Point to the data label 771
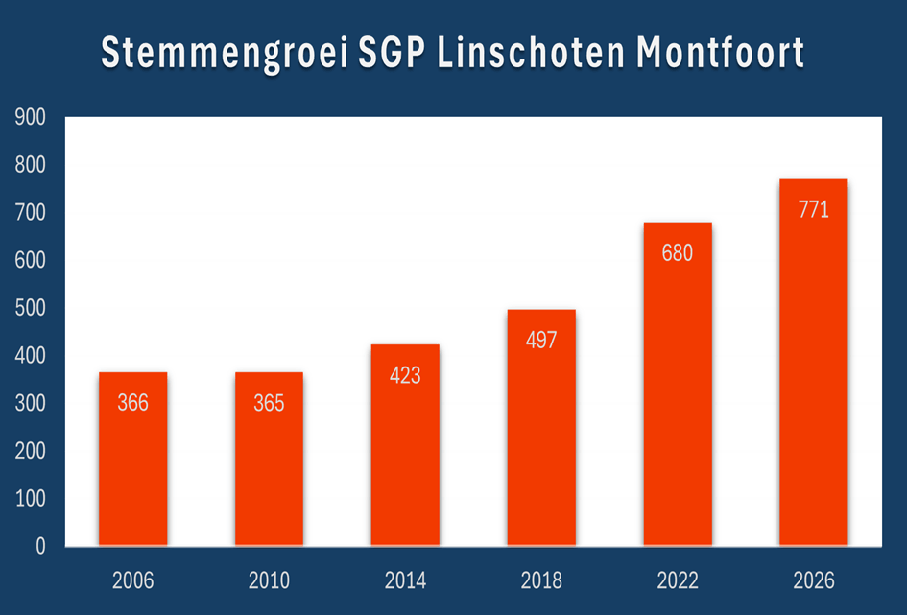[x=813, y=209]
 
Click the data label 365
[x=269, y=403]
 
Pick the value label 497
[x=541, y=341]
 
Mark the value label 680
[x=677, y=253]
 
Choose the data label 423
[x=405, y=375]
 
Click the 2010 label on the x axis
[x=269, y=580]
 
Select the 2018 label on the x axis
[x=541, y=580]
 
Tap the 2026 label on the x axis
[x=813, y=580]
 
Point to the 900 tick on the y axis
[x=30, y=118]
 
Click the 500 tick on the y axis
[x=30, y=309]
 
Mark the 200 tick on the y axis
[x=30, y=452]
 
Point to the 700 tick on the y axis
[x=30, y=213]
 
